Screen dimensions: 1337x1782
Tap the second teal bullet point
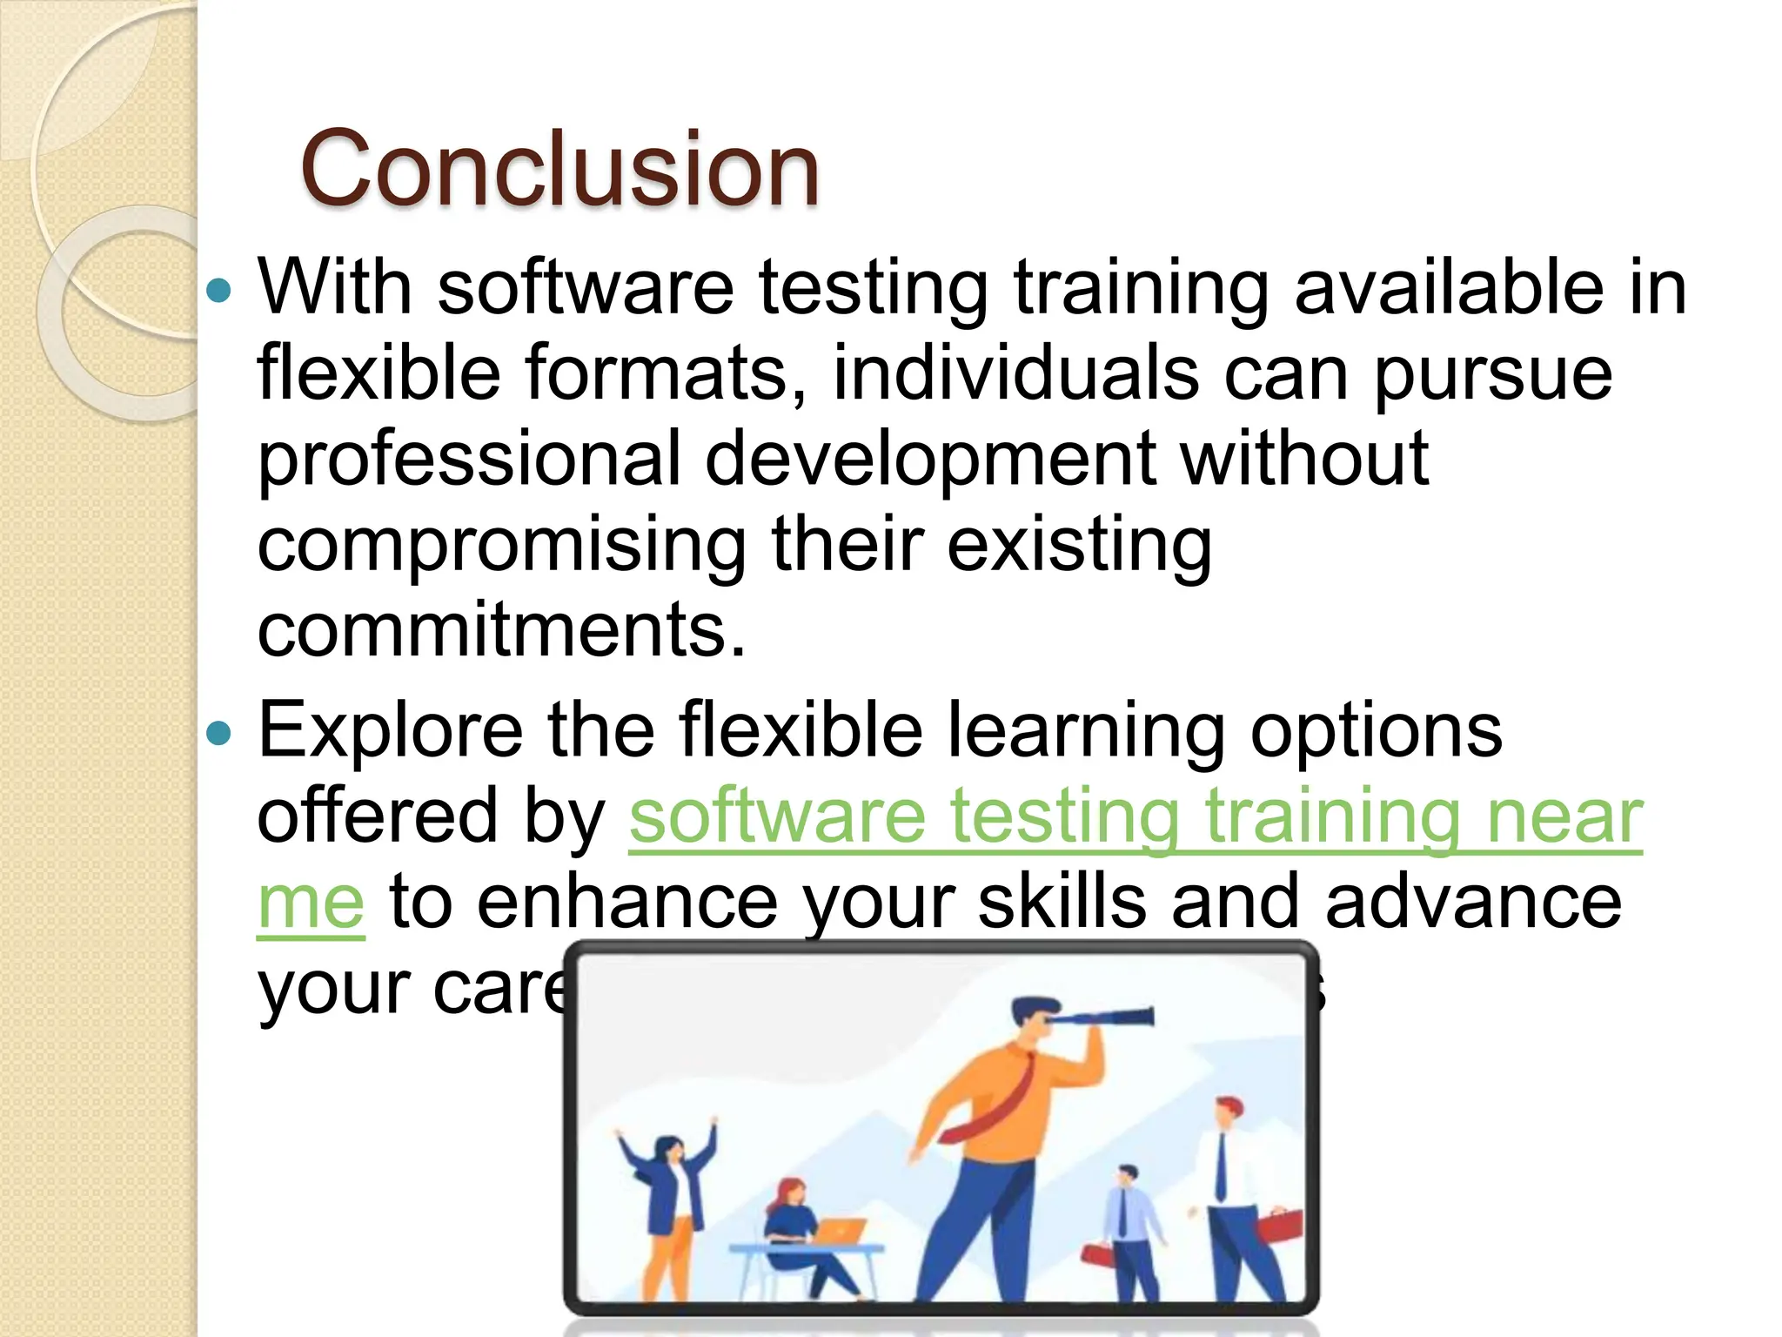pyautogui.click(x=220, y=732)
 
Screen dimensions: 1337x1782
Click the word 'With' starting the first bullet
pyautogui.click(x=334, y=287)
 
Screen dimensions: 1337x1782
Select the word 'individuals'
pyautogui.click(x=1015, y=373)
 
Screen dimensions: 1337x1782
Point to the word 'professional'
pyautogui.click(x=469, y=459)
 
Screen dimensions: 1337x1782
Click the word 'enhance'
pyautogui.click(x=627, y=904)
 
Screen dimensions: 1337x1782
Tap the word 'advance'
pyautogui.click(x=1473, y=904)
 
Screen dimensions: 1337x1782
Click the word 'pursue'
pyautogui.click(x=1493, y=373)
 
